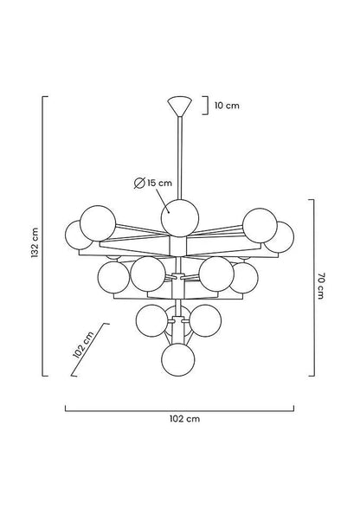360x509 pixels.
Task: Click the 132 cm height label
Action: pos(35,242)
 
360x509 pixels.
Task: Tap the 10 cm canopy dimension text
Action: pos(227,106)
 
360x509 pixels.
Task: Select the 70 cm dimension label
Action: pos(320,286)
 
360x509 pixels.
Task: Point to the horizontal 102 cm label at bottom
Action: pos(184,419)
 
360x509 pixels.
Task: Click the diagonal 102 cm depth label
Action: pos(83,345)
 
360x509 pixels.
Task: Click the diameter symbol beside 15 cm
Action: pos(139,184)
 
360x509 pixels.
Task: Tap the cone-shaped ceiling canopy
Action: pos(179,106)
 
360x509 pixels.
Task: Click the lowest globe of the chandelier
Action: pos(178,360)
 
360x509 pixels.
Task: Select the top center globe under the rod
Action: pos(179,218)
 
